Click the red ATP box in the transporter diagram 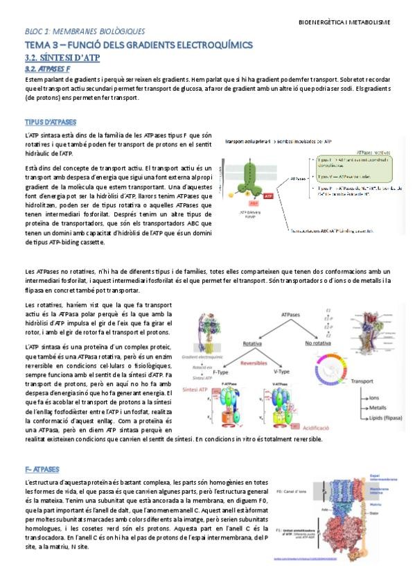pos(268,196)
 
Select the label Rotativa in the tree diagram pos(251,343)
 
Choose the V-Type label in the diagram pos(282,372)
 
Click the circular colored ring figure pos(339,370)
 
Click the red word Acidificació pos(310,428)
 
